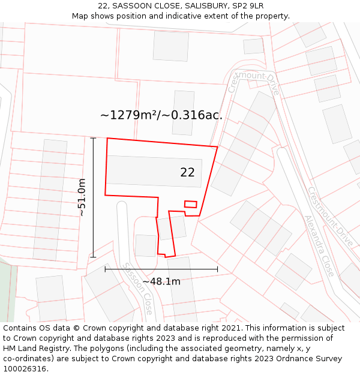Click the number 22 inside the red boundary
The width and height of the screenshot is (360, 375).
click(x=187, y=172)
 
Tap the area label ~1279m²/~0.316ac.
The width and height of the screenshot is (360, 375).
click(x=161, y=115)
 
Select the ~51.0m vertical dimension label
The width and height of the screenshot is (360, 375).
click(x=82, y=197)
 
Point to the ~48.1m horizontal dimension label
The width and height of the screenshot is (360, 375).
click(x=161, y=281)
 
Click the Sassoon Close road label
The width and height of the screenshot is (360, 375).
click(x=137, y=289)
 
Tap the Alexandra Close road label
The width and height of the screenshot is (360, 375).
click(x=319, y=246)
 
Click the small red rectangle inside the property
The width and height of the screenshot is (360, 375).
click(x=190, y=204)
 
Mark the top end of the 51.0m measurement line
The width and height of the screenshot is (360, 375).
click(x=93, y=138)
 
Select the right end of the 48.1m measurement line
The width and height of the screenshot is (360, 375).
click(x=217, y=269)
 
